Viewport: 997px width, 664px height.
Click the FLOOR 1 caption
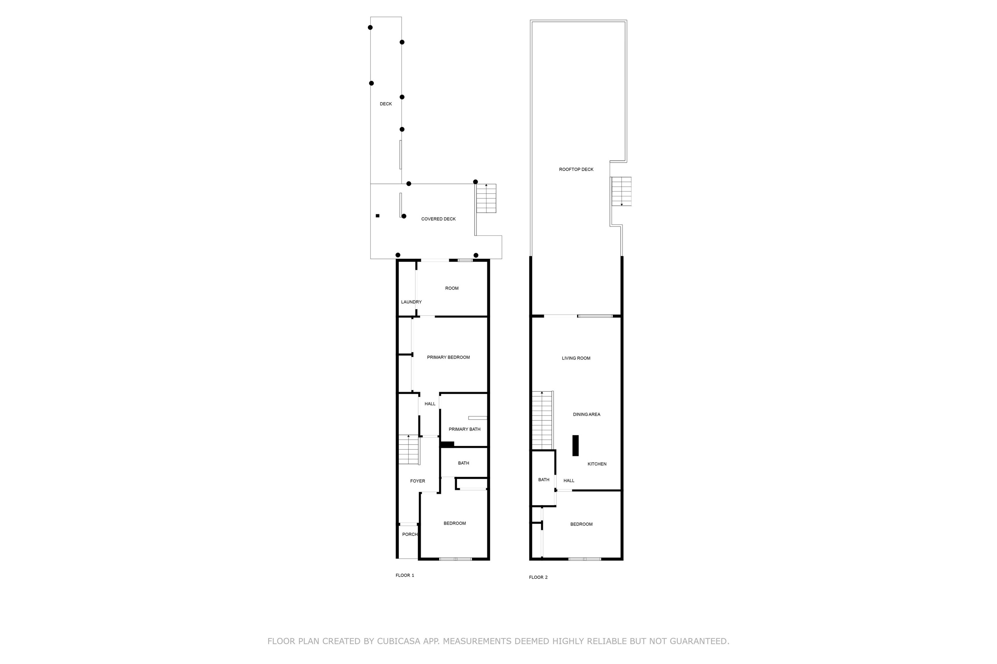tap(404, 575)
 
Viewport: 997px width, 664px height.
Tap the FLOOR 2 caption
tap(538, 577)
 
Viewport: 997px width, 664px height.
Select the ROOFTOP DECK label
tap(576, 169)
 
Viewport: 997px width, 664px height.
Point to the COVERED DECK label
tap(438, 219)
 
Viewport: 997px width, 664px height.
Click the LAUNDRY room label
tap(411, 302)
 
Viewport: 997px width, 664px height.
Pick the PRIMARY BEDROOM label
tap(448, 358)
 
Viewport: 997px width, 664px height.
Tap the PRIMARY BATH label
tap(464, 429)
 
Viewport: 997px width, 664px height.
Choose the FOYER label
tap(417, 481)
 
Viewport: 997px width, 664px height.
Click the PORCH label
tap(409, 535)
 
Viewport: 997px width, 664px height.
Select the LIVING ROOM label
tap(576, 358)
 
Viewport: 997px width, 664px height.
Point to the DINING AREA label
tap(586, 415)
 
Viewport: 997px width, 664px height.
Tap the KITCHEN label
tap(597, 464)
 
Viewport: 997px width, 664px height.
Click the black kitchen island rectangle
tap(575, 446)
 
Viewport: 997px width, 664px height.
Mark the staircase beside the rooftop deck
tap(621, 192)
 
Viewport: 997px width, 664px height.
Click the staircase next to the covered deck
tap(486, 198)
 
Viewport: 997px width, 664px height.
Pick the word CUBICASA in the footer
tap(399, 641)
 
